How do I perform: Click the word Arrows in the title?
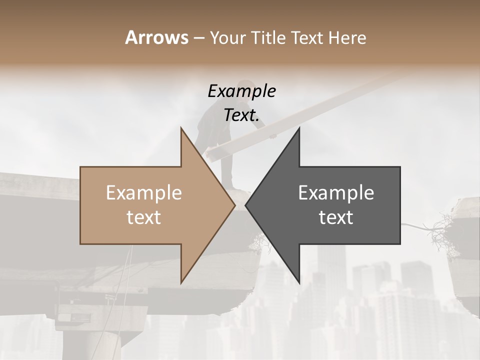[x=157, y=37]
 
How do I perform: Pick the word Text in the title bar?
[x=308, y=38]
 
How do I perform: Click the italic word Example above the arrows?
[x=241, y=91]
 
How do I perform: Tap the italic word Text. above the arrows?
[x=241, y=115]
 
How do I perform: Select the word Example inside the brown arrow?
[x=144, y=193]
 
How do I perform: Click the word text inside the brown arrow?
[x=144, y=217]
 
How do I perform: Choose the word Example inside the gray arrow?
[x=336, y=193]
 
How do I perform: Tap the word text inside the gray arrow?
[x=336, y=217]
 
